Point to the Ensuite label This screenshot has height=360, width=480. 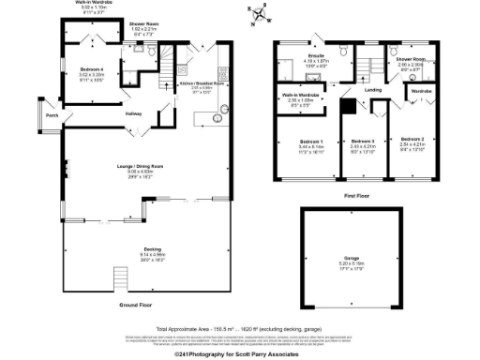(x=315, y=56)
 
